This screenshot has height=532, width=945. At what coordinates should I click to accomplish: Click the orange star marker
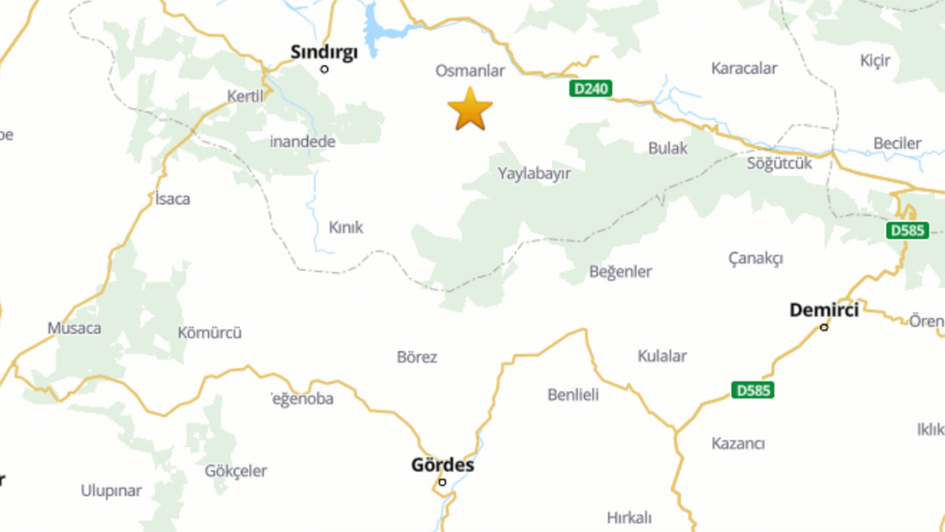coord(470,110)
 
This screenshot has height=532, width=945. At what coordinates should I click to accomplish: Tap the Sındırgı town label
coord(324,52)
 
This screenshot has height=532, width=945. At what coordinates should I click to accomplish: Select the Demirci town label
coord(824,310)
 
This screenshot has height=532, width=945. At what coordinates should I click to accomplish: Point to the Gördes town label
coord(443,465)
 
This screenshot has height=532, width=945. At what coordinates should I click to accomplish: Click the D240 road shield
coord(591,89)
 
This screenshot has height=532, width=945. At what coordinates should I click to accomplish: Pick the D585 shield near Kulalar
coord(752,389)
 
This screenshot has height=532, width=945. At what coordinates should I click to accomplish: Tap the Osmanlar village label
coord(470,71)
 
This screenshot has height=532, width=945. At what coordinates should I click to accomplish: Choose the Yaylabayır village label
coord(534,173)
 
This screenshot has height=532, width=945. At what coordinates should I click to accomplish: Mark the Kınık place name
coord(346,228)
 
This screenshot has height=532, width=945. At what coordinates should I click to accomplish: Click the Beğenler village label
coord(621,272)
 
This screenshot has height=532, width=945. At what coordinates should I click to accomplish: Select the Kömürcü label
coord(209,333)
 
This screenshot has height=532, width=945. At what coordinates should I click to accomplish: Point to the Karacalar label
coord(744,69)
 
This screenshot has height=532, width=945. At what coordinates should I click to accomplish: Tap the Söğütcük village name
coord(780,164)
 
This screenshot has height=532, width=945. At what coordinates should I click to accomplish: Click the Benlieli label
coord(573,394)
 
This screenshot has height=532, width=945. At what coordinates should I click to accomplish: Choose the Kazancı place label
coord(738,444)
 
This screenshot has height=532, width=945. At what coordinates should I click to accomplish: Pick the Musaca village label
coord(74,328)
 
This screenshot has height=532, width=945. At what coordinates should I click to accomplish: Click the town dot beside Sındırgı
coord(324,69)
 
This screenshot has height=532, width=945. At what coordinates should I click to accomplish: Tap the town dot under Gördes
coord(443,482)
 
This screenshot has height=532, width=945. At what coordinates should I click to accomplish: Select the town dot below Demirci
coord(825,327)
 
